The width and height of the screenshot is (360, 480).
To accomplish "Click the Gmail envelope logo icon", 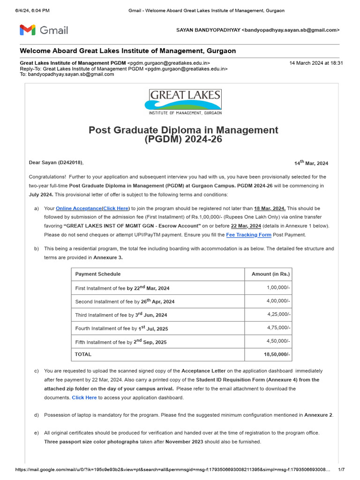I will [x=27, y=30].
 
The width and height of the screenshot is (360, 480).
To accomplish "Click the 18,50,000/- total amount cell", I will [x=278, y=354].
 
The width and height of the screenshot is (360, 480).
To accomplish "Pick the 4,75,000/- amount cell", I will [x=279, y=328].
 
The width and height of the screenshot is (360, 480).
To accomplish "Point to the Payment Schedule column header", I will [x=98, y=274].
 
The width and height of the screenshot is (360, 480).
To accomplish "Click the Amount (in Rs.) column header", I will [x=270, y=274].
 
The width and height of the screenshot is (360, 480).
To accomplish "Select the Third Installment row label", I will [x=121, y=315].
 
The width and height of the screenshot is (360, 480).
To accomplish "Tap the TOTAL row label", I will [x=83, y=354].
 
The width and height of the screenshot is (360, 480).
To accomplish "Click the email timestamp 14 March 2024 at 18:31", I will [x=316, y=63].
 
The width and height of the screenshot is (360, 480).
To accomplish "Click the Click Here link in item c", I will [x=84, y=397].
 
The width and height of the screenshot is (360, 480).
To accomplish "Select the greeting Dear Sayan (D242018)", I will [x=56, y=163].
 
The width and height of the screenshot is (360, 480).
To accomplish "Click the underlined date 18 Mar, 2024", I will [x=270, y=208].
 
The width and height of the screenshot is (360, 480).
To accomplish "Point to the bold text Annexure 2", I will [x=318, y=415].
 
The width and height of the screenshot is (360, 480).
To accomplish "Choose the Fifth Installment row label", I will [x=121, y=342].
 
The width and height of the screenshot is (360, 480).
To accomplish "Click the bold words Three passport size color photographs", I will [x=91, y=442].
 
